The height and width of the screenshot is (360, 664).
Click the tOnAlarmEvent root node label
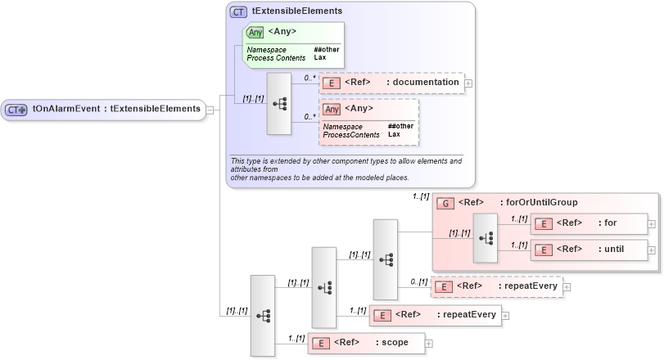[x=116, y=109]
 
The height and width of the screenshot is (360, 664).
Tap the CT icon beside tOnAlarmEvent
[x=16, y=110]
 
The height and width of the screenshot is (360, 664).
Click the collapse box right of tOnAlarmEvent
[x=210, y=110]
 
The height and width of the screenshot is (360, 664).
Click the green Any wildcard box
[x=293, y=44]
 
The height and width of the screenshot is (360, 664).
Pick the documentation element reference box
[x=391, y=83]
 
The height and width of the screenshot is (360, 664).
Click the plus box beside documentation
[x=468, y=83]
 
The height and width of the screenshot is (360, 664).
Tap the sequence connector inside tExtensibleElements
[x=278, y=104]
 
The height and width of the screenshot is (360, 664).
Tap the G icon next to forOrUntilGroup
[x=445, y=203]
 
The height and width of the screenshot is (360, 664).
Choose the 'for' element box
[x=588, y=223]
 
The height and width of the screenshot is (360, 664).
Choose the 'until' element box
[x=588, y=250]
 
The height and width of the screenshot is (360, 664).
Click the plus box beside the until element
[x=652, y=250]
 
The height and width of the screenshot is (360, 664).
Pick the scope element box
[x=365, y=343]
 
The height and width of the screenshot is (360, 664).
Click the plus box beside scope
[x=428, y=343]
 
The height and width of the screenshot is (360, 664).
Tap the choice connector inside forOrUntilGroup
[x=486, y=236]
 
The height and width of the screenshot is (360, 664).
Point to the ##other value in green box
[x=326, y=49]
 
